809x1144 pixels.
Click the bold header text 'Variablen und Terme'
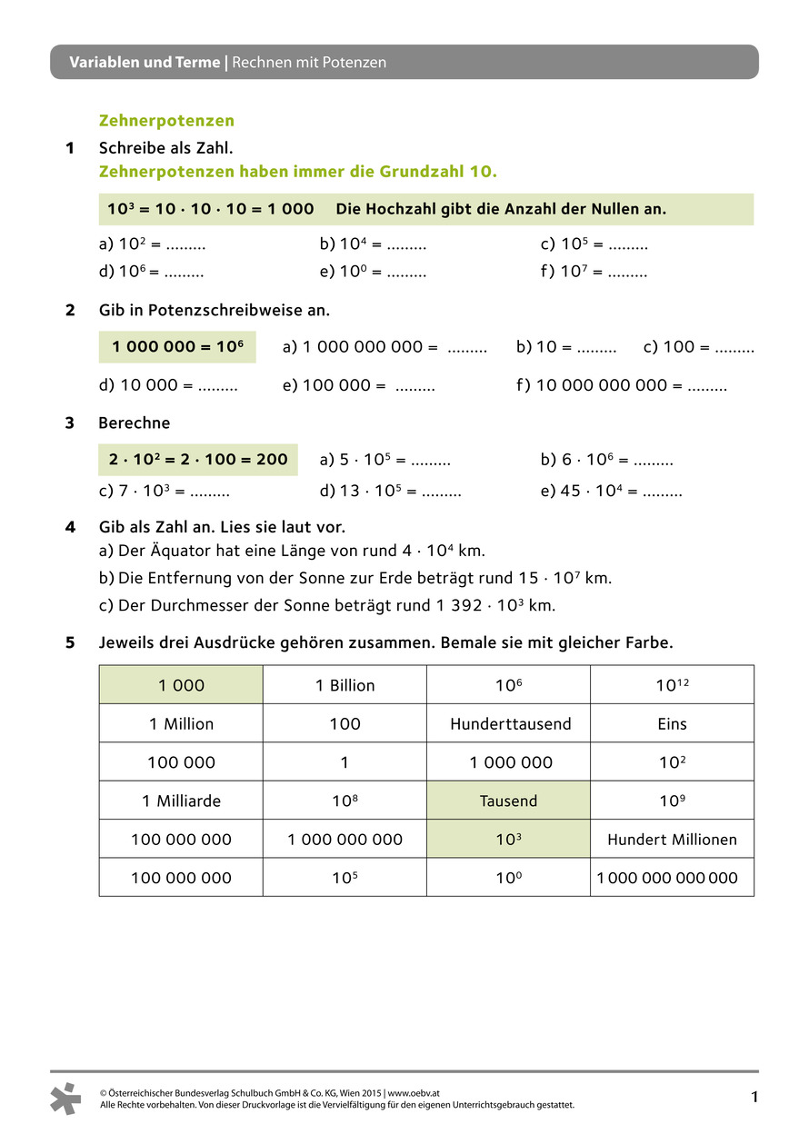(x=145, y=63)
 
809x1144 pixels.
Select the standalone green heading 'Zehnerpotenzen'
(x=166, y=121)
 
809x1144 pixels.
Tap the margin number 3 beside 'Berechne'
(x=70, y=423)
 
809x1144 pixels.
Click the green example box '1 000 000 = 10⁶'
(x=177, y=347)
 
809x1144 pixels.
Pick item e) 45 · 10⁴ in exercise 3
(x=611, y=492)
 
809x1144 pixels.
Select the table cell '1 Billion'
(x=345, y=686)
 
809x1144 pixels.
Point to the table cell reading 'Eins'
(x=672, y=724)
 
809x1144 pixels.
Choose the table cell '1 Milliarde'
(x=181, y=801)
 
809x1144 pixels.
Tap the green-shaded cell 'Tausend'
(x=508, y=801)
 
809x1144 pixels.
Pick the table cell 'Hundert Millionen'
(x=672, y=840)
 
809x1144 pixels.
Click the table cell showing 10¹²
(x=672, y=686)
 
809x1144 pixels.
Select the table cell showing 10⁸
(x=345, y=801)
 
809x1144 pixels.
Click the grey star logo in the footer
(x=66, y=1099)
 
